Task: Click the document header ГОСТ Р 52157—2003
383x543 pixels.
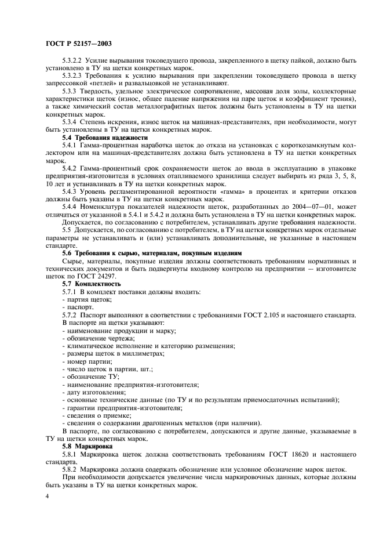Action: [78, 44]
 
